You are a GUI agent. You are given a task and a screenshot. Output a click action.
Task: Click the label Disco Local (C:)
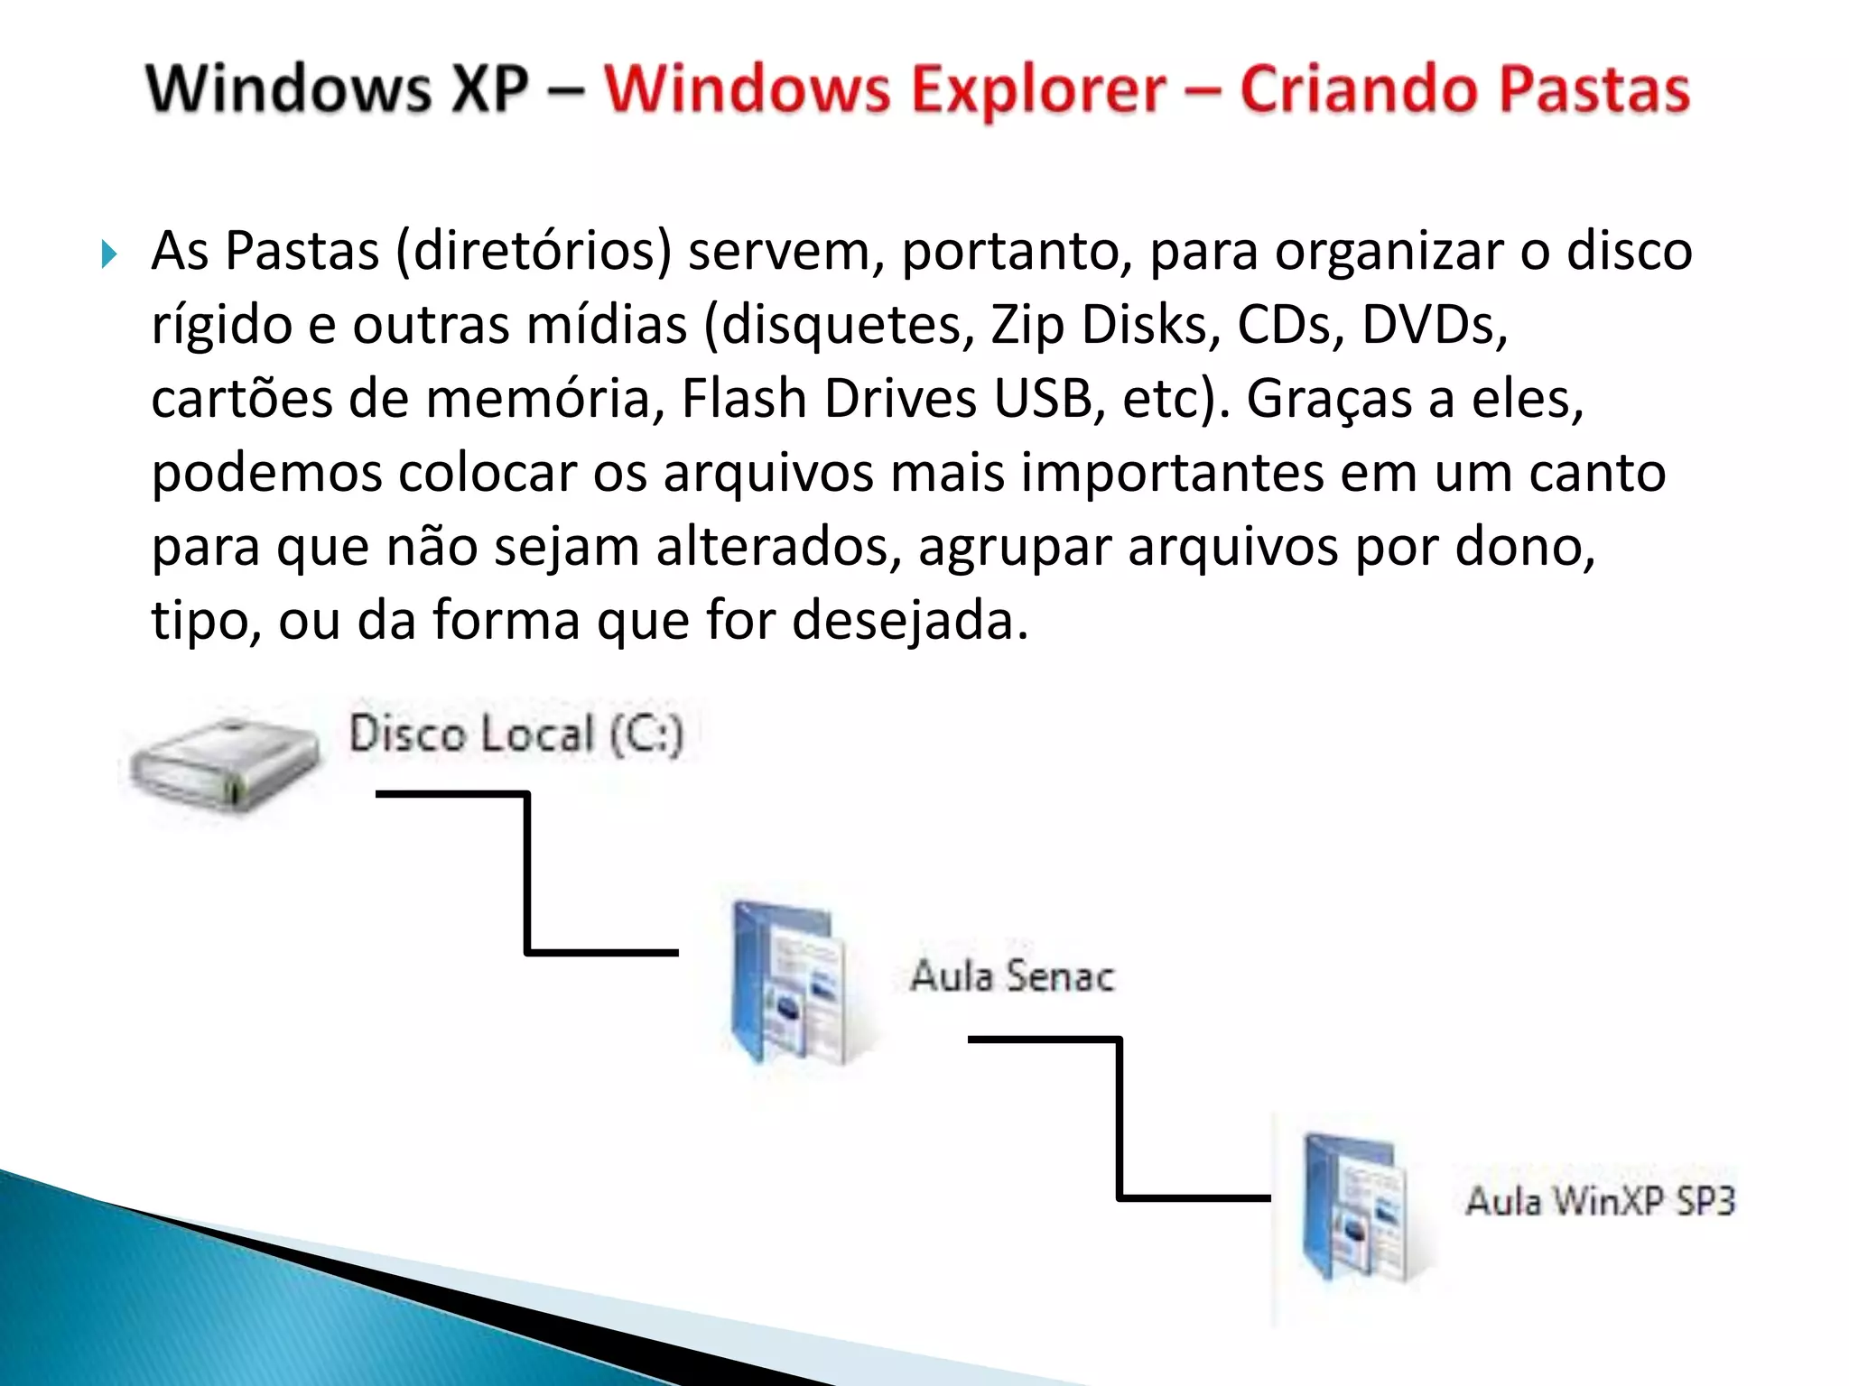(x=516, y=734)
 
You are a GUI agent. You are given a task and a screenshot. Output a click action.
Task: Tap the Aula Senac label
(x=1012, y=976)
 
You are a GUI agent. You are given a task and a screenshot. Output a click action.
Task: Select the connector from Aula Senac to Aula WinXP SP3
(x=1120, y=1119)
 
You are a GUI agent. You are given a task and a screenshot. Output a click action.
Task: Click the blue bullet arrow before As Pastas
(x=109, y=254)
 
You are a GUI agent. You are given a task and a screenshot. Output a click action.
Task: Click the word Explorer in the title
(x=1038, y=90)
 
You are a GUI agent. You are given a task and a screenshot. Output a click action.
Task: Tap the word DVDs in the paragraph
(x=1434, y=325)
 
